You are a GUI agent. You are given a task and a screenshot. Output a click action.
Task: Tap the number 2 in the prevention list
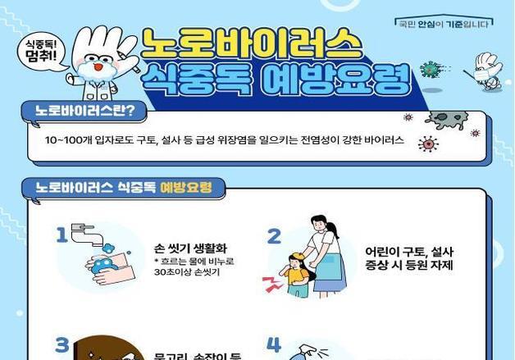tap(274, 236)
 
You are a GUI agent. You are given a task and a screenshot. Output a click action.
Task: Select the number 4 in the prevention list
tap(274, 344)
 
